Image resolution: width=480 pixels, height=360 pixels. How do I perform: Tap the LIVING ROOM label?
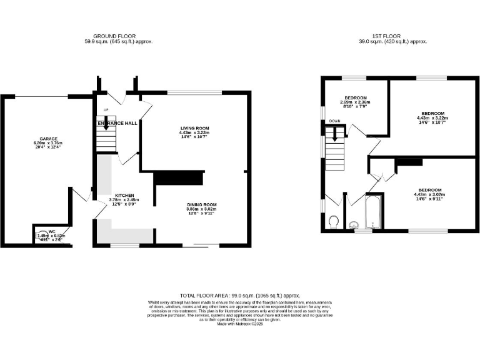[194, 127]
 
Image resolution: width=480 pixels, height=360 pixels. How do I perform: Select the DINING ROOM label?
[201, 205]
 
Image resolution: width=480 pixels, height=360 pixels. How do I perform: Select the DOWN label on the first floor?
[335, 121]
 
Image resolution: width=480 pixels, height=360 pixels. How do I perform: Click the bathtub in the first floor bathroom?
[373, 212]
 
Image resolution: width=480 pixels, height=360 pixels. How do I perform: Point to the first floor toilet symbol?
[334, 222]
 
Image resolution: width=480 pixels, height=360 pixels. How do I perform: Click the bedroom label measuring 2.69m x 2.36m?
[355, 98]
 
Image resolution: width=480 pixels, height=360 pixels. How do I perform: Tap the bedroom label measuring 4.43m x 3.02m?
[430, 190]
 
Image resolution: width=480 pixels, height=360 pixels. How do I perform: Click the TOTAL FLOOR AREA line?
[240, 294]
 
